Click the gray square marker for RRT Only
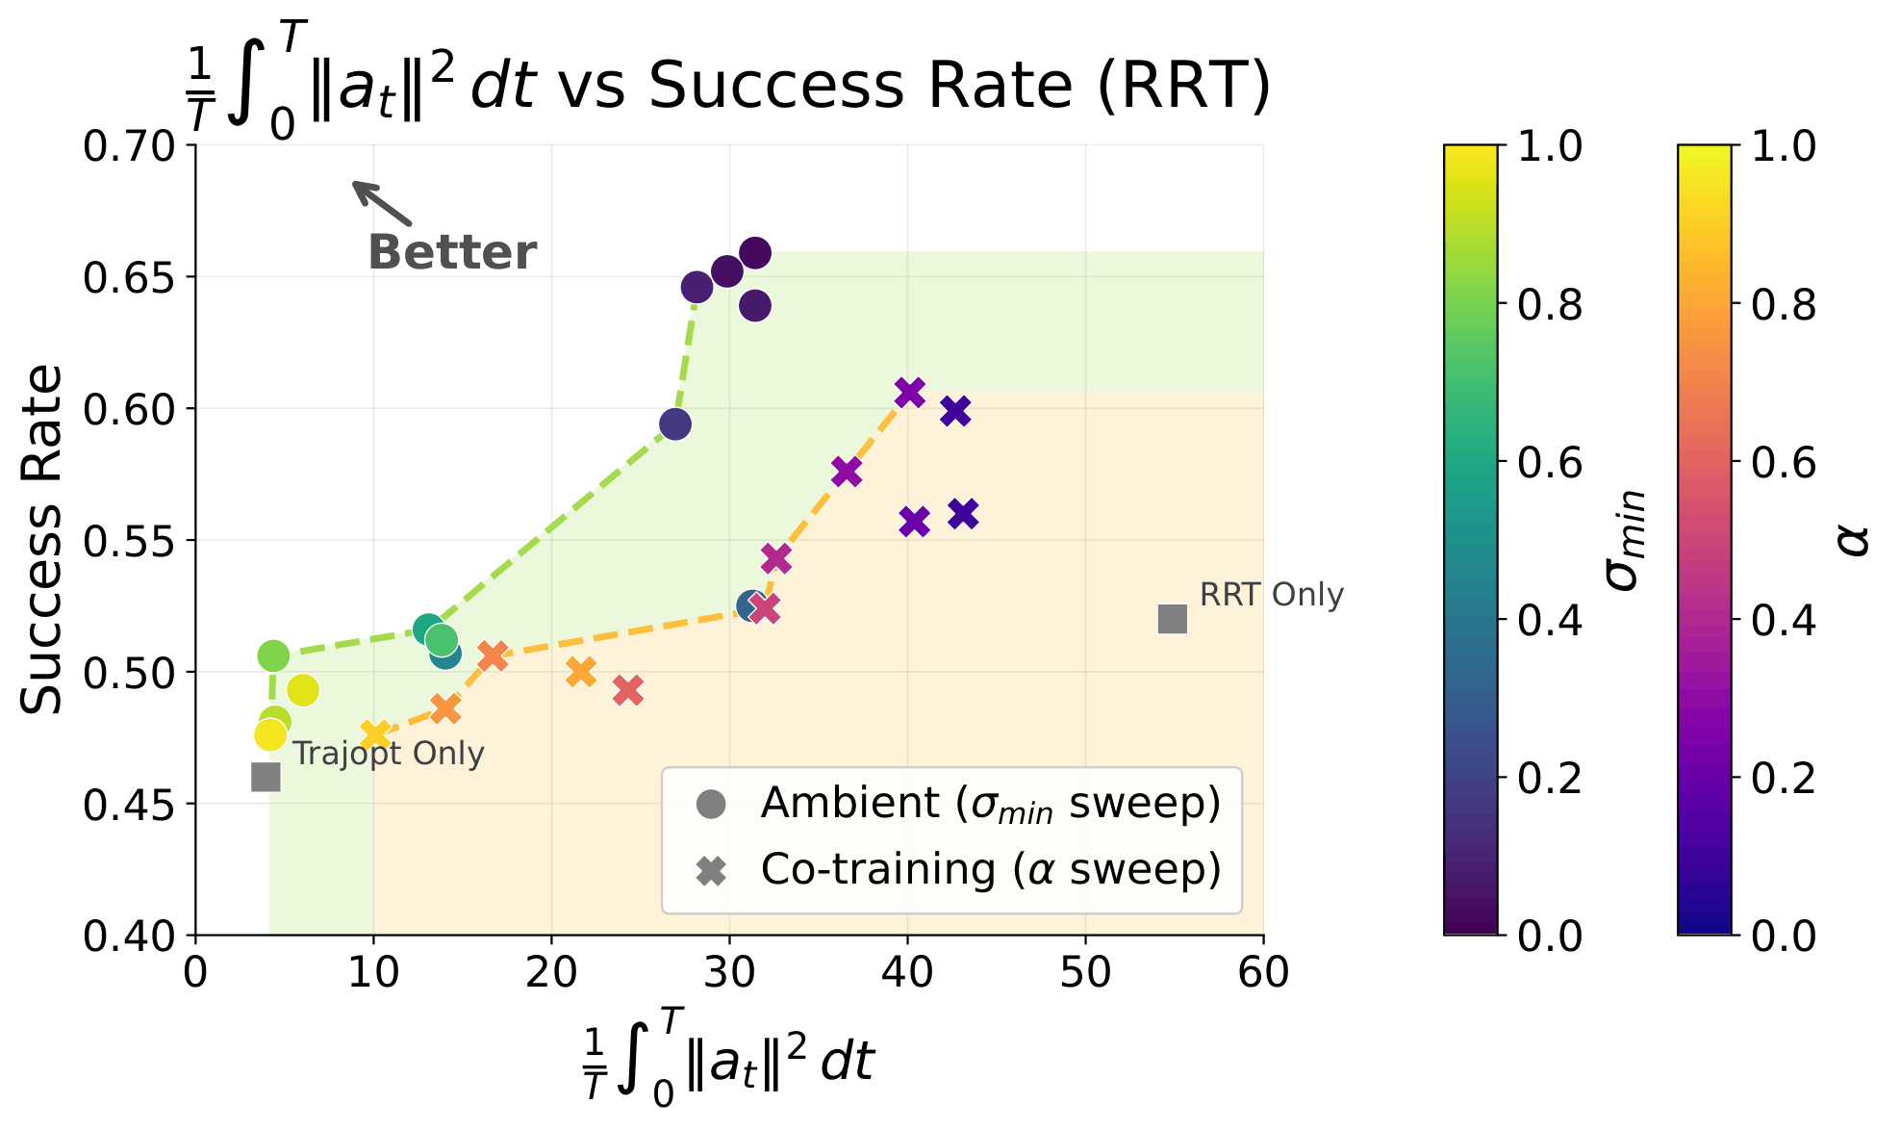[x=1172, y=619]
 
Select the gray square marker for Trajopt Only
[x=266, y=777]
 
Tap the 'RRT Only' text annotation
[x=1271, y=595]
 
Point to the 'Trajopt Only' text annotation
[x=388, y=753]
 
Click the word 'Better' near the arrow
[x=452, y=253]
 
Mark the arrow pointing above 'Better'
[x=381, y=203]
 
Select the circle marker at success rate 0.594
[x=675, y=424]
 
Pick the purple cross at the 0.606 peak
[x=909, y=393]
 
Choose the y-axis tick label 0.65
[x=130, y=278]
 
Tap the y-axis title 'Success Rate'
[x=41, y=539]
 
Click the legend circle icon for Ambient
[x=711, y=804]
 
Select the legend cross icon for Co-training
[x=711, y=872]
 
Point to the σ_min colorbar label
[x=1625, y=539]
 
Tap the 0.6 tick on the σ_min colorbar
[x=1549, y=463]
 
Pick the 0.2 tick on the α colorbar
[x=1783, y=778]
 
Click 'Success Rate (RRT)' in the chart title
[x=959, y=85]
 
